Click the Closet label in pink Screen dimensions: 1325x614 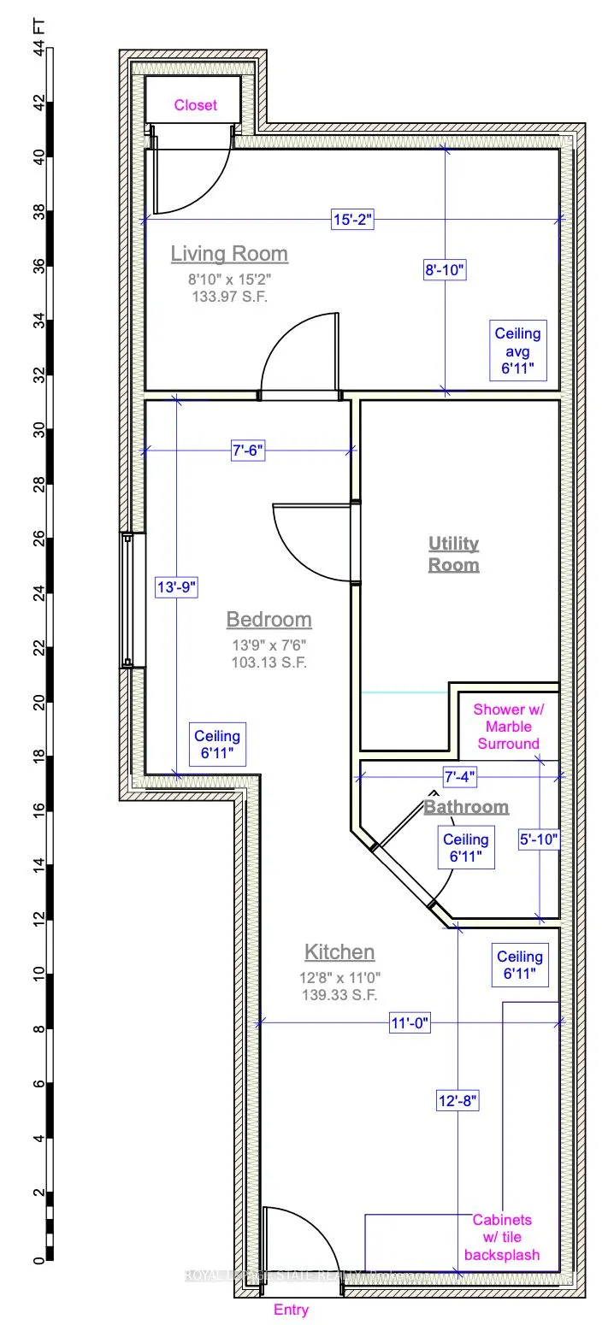[195, 105]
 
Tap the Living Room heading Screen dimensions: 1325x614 [229, 254]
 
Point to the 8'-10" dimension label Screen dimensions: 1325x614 [444, 271]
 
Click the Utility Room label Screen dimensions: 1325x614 [453, 554]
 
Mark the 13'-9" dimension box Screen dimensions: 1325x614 [176, 586]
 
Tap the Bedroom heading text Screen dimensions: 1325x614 [269, 619]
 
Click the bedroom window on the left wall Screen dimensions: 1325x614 [127, 599]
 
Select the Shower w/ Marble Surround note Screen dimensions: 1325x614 [507, 726]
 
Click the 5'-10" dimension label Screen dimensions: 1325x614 [540, 840]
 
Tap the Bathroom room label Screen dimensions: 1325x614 [466, 806]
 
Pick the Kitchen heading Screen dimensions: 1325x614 [339, 951]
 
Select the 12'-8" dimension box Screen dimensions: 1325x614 [458, 1102]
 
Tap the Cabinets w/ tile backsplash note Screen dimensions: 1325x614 [502, 1237]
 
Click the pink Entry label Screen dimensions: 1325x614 [291, 1310]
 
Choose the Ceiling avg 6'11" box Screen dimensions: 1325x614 [517, 351]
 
